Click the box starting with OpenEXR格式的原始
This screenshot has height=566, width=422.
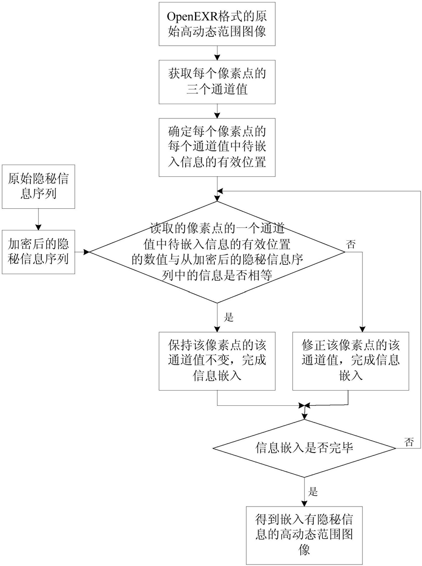tap(217, 24)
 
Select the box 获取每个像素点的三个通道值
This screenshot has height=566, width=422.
tap(217, 82)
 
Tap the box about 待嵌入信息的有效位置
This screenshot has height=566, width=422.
tap(217, 147)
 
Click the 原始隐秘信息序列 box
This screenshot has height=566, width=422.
tap(38, 187)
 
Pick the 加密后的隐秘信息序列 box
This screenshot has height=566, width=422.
tap(38, 252)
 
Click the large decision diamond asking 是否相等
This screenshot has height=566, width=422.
tap(217, 252)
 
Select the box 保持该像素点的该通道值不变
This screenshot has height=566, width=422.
tap(217, 361)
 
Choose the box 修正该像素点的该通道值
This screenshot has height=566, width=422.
tap(351, 361)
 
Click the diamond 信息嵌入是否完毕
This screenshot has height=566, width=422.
tap(304, 448)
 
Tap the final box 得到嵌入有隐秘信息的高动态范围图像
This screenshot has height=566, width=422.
tap(304, 536)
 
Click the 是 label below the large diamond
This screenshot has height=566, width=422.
tap(229, 318)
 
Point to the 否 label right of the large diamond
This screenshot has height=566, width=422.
tap(351, 244)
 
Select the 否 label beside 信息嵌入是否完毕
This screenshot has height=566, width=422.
tap(409, 442)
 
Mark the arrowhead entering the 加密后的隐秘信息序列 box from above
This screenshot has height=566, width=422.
tap(38, 227)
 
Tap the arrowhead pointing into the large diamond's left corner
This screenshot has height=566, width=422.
tap(86, 252)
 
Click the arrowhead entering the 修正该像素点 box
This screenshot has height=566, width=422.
tap(362, 329)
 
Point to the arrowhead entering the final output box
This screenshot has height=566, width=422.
tap(304, 503)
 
